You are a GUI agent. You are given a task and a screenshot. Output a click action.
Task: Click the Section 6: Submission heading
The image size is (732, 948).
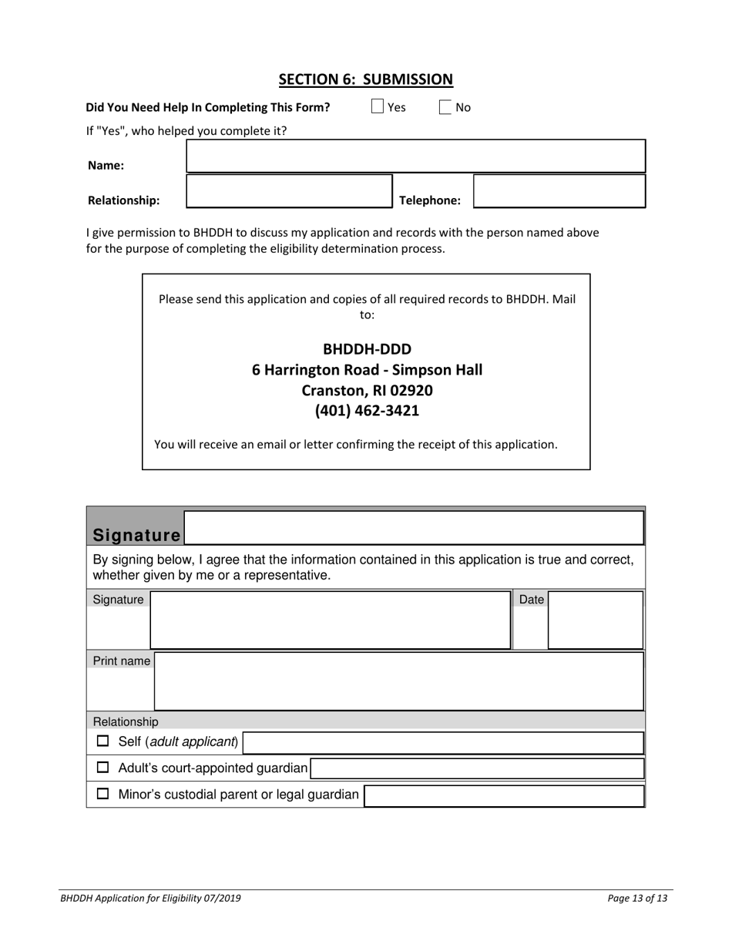365,79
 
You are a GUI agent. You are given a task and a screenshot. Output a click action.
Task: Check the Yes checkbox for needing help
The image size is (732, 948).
378,107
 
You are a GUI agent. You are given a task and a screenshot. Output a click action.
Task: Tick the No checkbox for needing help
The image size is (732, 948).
445,107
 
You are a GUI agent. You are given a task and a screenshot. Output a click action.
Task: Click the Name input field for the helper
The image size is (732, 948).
415,156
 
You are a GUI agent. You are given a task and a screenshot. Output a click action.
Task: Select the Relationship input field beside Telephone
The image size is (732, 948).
289,191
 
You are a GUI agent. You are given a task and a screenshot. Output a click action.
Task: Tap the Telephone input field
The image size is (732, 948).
559,191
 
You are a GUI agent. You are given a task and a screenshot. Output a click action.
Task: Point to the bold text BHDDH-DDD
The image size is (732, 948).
367,349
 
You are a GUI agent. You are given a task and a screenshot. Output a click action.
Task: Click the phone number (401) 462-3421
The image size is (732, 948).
367,411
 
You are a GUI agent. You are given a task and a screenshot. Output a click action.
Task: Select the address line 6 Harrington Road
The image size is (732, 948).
367,370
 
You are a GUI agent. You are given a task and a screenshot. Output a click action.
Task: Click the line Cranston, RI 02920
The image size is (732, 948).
367,390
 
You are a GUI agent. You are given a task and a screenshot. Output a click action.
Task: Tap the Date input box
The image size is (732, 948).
595,620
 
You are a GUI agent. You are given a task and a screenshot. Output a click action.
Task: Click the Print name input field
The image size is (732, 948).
398,681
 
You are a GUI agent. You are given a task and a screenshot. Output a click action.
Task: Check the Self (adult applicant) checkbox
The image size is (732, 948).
102,742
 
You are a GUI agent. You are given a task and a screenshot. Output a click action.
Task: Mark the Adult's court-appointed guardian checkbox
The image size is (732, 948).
102,768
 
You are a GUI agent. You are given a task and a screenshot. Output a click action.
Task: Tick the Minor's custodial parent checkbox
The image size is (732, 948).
102,795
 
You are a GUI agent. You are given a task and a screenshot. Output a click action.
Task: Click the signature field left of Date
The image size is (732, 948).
330,620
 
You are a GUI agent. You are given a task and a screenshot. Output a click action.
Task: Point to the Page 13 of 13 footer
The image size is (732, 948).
636,898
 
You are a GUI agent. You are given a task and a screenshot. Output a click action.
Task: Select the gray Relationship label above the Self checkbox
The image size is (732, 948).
126,721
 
